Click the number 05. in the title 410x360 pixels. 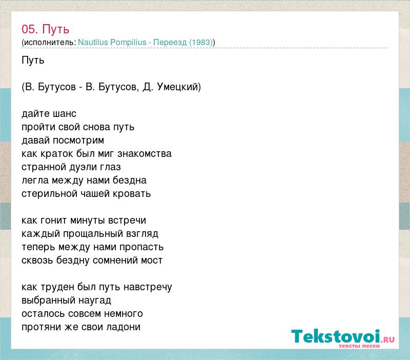coord(30,29)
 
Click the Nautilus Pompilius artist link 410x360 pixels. coord(112,42)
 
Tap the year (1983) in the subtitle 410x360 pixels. coord(200,43)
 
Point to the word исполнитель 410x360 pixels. coord(50,43)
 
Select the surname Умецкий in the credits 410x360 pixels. coord(177,87)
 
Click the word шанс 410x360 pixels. coord(65,114)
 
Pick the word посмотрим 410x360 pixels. coord(78,141)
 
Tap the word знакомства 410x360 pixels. coord(145,154)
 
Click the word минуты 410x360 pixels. coord(88,221)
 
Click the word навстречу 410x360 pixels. coord(148,287)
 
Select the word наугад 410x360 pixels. coord(95,301)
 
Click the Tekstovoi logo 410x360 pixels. coord(343,337)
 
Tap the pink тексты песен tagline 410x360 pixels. coord(359,346)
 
